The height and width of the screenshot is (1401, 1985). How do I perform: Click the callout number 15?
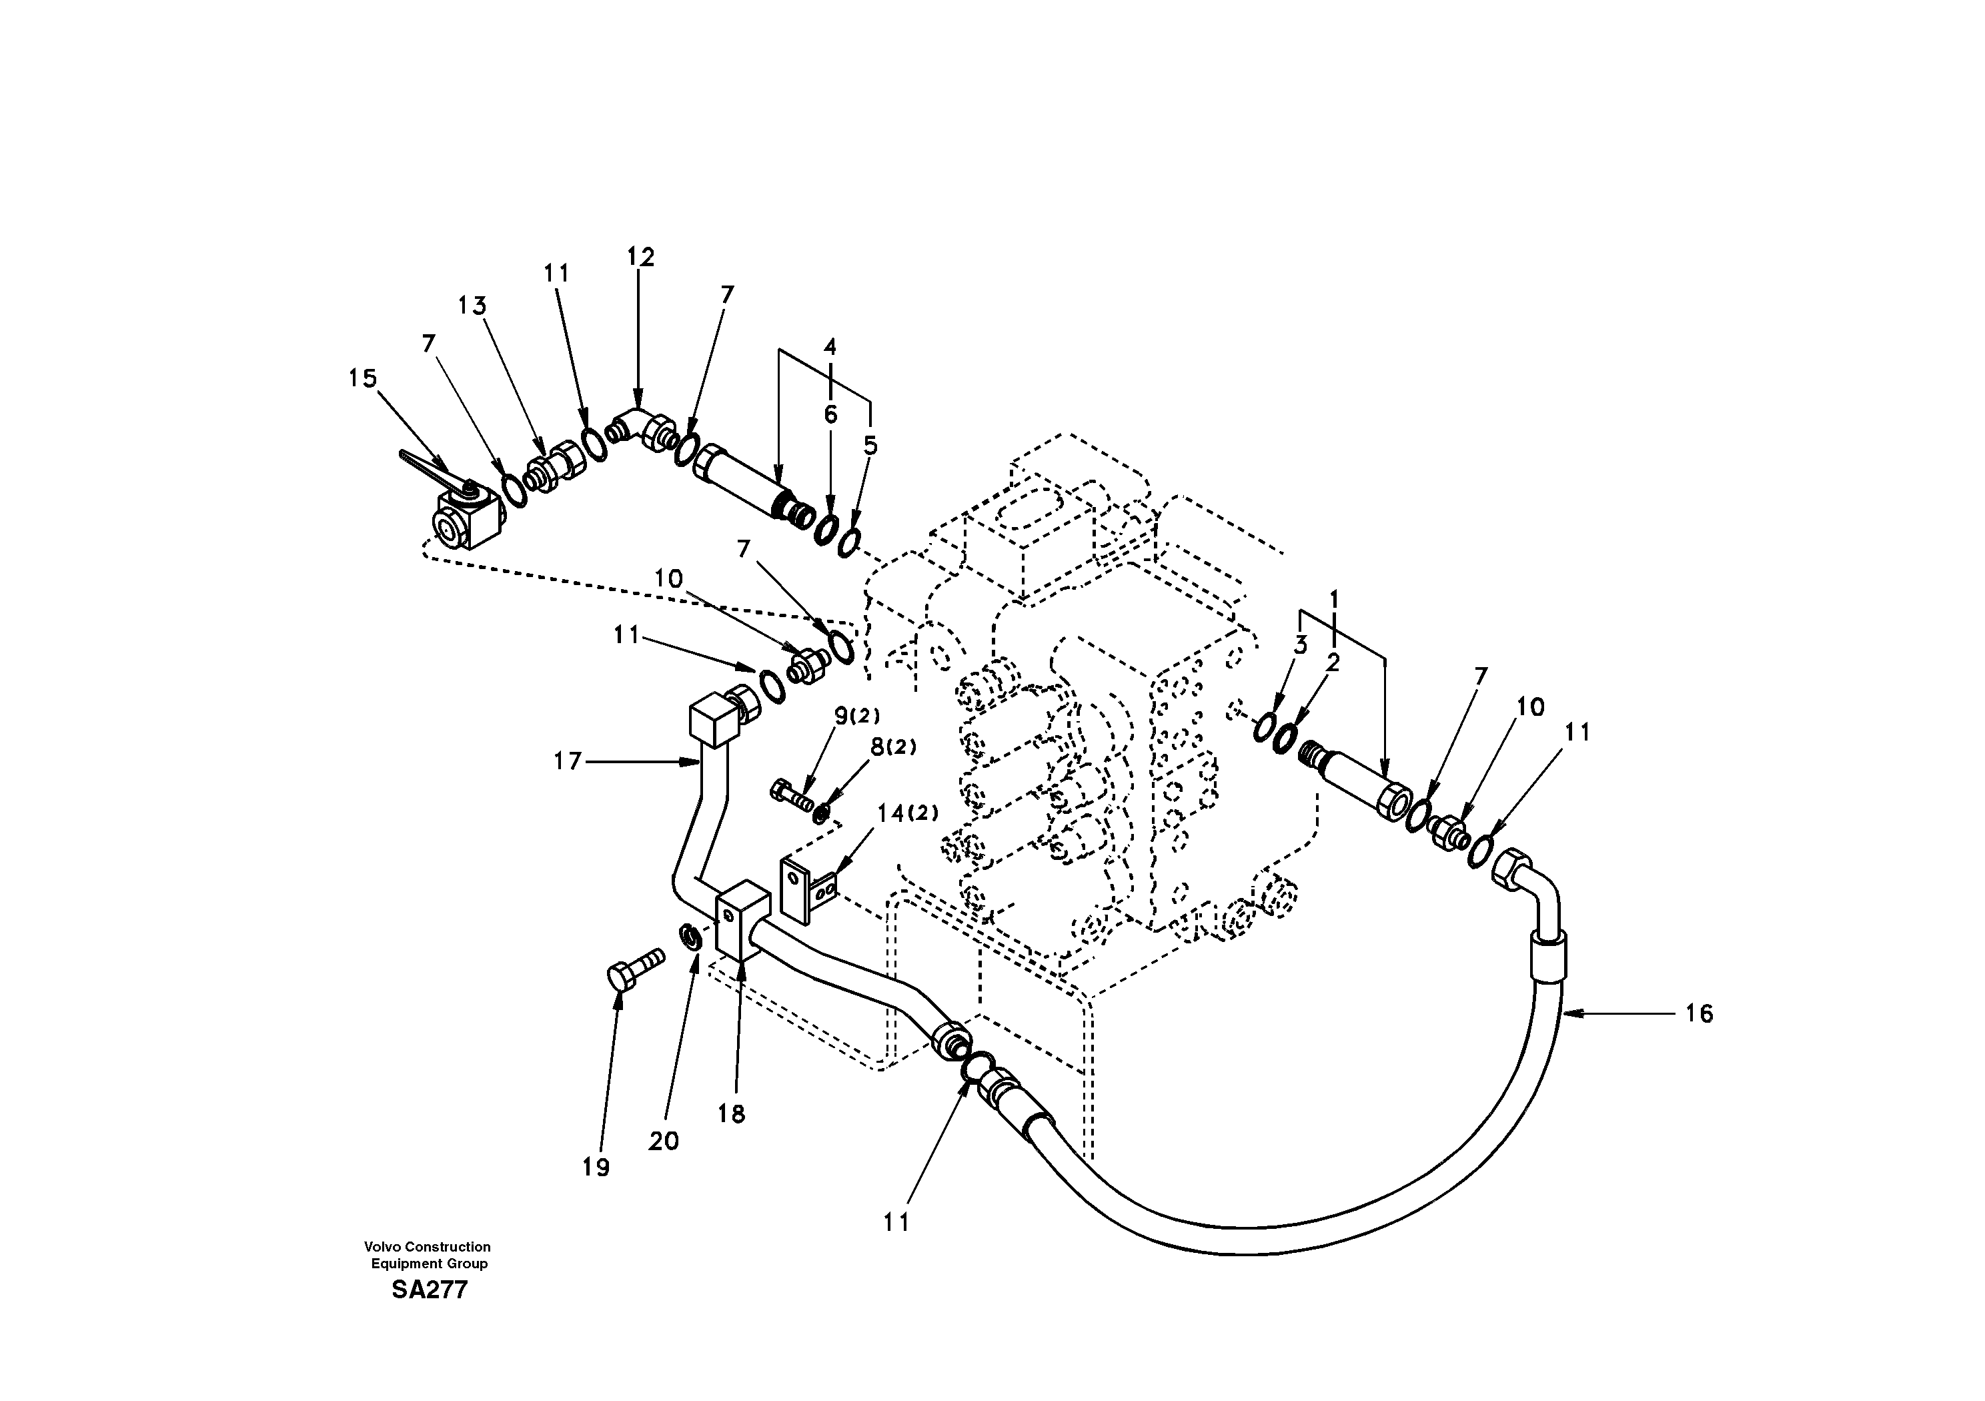coord(362,379)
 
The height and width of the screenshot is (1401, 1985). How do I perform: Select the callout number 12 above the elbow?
coord(640,257)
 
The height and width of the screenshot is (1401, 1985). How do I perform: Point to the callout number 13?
coord(472,306)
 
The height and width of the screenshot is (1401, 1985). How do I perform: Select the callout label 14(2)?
coord(907,813)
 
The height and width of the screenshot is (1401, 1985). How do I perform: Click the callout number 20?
coord(663,1141)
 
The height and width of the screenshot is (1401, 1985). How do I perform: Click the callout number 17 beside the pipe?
coord(568,762)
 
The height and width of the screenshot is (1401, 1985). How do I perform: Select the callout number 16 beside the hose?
coord(1699,1013)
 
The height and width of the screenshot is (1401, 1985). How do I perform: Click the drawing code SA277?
coord(429,1290)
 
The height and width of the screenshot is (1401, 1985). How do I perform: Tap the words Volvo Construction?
coord(427,1247)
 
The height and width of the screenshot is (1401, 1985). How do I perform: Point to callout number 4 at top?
coord(830,348)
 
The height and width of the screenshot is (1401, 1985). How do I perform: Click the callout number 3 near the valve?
coord(1299,645)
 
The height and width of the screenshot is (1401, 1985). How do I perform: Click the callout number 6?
coord(830,415)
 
